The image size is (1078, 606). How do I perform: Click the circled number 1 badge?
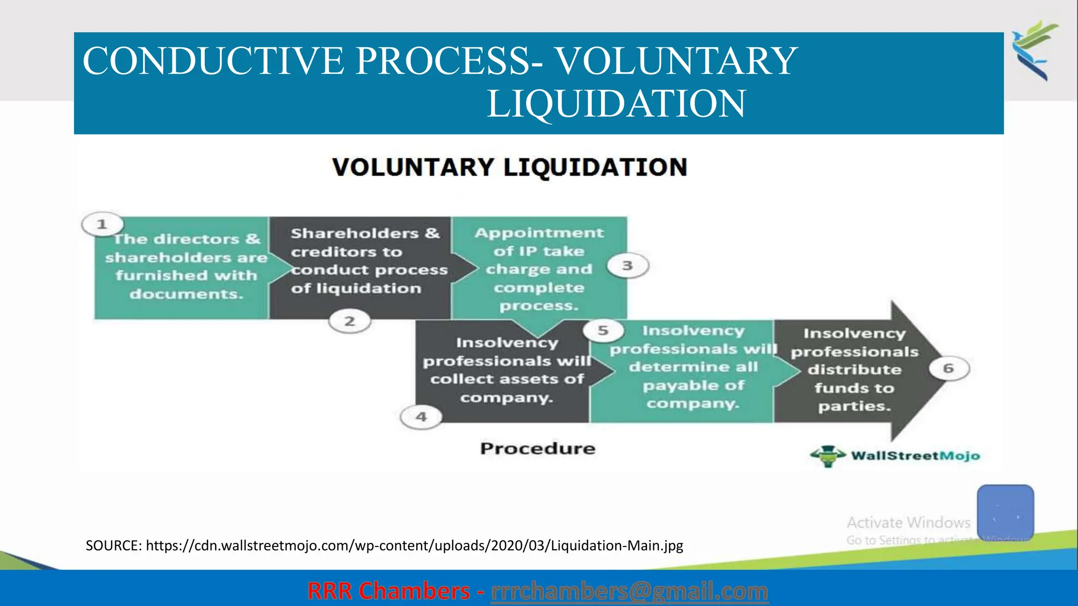[102, 225]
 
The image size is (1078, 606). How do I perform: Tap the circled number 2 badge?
[350, 321]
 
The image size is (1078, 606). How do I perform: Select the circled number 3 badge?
[627, 266]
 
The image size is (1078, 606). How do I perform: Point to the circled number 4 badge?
[421, 417]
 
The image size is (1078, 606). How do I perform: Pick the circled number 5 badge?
[603, 330]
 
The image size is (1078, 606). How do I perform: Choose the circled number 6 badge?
[949, 368]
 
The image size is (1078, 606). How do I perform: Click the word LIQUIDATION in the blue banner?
[616, 104]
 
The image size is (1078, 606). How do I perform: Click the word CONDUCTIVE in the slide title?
[213, 61]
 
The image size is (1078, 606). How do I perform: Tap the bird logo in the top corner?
[1034, 50]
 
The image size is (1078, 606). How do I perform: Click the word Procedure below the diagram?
[537, 449]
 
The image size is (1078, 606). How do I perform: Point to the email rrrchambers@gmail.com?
[629, 591]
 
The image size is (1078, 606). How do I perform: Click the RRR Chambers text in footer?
[388, 591]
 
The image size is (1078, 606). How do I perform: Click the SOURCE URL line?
[384, 546]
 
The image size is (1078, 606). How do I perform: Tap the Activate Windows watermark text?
[909, 522]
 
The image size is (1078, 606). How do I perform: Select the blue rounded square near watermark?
[1005, 512]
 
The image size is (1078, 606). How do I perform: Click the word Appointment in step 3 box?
[539, 233]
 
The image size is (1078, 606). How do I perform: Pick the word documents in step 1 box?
[186, 294]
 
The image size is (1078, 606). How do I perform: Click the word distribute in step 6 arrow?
[854, 370]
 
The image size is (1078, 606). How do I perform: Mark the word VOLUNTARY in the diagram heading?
[413, 168]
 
